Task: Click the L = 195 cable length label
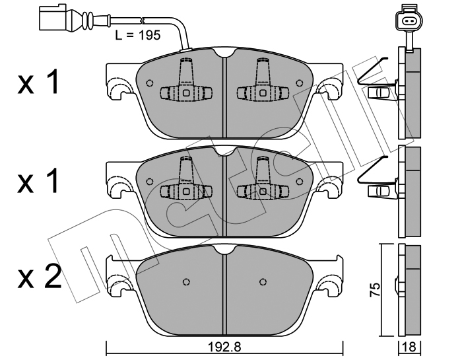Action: coord(138,36)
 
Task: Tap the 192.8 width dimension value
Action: coord(224,347)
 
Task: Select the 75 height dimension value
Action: coord(375,290)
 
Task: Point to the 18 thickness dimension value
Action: coord(410,347)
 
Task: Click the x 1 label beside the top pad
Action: coord(38,81)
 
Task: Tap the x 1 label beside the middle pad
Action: coord(38,180)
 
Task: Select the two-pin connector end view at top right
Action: coord(409,20)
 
